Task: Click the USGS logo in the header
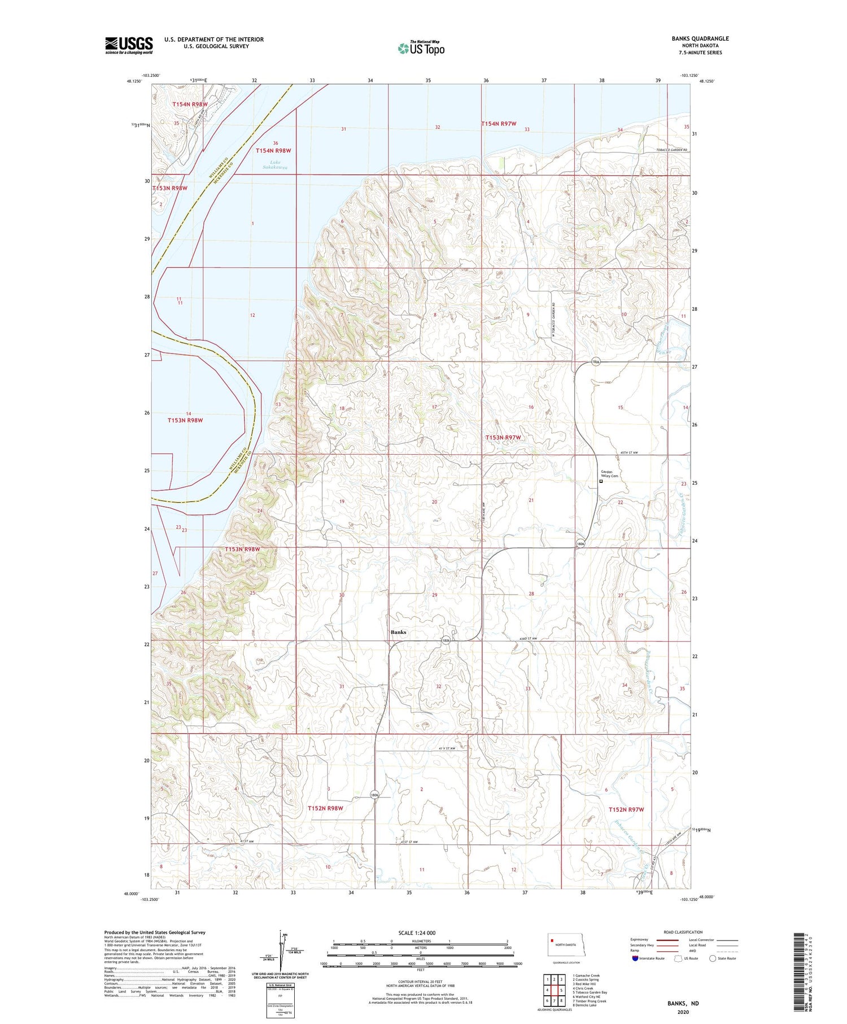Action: (x=129, y=45)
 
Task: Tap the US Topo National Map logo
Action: (x=421, y=48)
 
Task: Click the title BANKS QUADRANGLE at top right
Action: (x=700, y=38)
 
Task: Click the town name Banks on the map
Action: (x=398, y=632)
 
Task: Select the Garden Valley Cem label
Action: (x=609, y=474)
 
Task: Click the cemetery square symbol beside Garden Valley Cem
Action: (x=601, y=482)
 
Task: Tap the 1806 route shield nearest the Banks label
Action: (x=446, y=640)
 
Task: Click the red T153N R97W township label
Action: (x=503, y=438)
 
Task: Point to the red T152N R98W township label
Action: (x=325, y=808)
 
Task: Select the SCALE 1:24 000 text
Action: (x=417, y=933)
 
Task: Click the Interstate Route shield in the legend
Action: (x=635, y=958)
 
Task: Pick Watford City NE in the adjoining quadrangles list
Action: (x=587, y=997)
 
